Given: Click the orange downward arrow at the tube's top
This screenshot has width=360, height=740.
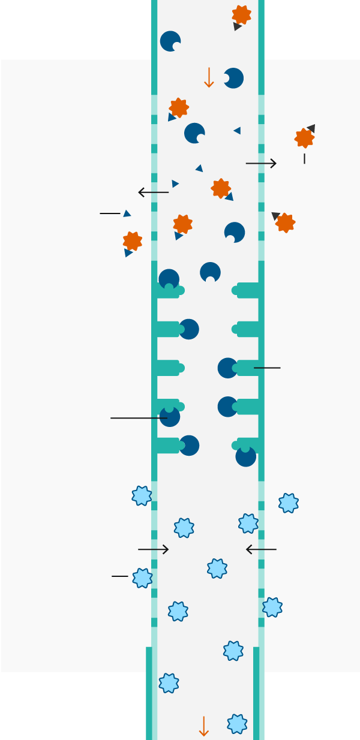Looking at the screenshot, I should [x=209, y=77].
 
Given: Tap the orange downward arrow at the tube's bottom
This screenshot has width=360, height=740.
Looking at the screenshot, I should [x=203, y=726].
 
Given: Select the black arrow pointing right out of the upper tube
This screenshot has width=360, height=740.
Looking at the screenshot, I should [x=261, y=163].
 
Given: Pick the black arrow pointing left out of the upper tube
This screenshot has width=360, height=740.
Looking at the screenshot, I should [x=154, y=192].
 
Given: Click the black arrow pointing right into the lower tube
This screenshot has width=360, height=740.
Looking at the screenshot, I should [x=154, y=549].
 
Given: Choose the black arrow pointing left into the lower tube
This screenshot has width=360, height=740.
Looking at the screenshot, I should [x=261, y=549].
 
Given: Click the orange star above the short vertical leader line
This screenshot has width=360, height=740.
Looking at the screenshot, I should [x=304, y=138].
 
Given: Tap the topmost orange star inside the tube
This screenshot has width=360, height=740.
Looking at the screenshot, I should [x=241, y=15].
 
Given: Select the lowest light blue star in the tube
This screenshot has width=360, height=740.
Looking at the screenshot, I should [x=237, y=724].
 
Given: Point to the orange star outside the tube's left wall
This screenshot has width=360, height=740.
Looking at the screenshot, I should [x=133, y=241].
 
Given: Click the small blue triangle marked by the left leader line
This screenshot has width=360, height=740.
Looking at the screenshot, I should [x=127, y=213].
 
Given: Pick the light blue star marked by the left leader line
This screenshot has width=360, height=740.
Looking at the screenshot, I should [x=142, y=578].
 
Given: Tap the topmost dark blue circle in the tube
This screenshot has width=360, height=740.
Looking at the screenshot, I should [x=170, y=41].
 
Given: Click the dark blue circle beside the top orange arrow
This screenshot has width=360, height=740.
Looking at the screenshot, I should [x=233, y=78].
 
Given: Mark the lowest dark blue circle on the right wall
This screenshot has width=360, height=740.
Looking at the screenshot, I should [x=246, y=456].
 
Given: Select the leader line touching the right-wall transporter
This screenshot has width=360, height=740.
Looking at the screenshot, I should [x=267, y=368].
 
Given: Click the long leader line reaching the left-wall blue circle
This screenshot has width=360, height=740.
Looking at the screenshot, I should [x=138, y=418].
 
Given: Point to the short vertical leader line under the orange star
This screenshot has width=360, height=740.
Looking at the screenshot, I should [x=304, y=158].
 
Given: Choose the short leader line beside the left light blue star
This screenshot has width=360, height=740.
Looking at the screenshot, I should [x=120, y=576].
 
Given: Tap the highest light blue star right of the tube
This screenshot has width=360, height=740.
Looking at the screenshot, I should [x=289, y=503].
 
